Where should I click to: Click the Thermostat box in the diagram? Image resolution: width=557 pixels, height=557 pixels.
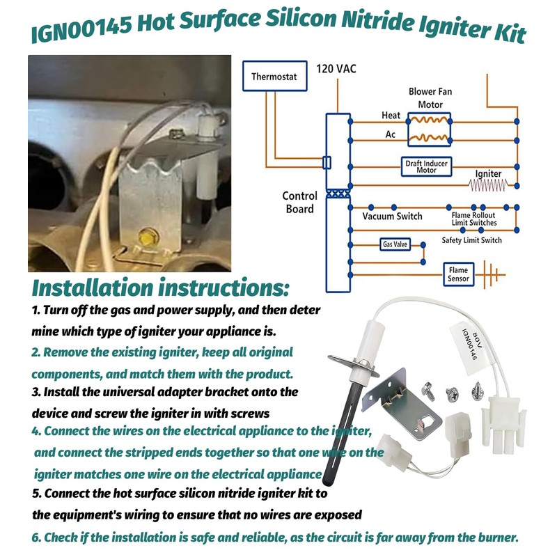coord(274,77)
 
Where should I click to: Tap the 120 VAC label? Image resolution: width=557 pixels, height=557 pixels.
coord(336,69)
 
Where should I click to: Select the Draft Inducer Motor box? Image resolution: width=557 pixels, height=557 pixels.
coord(426,166)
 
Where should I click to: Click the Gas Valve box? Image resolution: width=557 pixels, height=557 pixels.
coord(395,244)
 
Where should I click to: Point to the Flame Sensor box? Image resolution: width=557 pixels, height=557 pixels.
coord(458,274)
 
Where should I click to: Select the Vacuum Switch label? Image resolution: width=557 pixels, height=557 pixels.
coord(392,217)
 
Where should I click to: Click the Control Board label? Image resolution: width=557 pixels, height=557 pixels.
coord(299,203)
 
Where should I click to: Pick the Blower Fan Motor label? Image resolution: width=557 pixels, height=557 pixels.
coord(430,98)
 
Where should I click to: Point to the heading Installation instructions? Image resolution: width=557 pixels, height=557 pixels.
coord(160,287)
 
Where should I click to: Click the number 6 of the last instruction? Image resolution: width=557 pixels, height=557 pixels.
coord(36,538)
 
